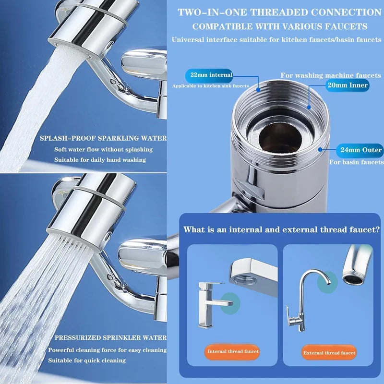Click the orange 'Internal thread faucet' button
(x=233, y=352)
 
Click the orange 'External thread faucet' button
(x=329, y=353)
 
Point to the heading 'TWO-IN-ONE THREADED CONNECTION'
(x=279, y=12)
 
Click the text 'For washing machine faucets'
(x=331, y=75)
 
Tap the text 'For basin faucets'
(x=356, y=162)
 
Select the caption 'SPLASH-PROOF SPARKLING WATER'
(x=103, y=138)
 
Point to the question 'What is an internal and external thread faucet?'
(x=281, y=230)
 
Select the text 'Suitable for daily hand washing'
(x=100, y=160)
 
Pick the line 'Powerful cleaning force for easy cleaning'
(x=108, y=350)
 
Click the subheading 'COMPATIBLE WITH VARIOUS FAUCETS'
(x=280, y=26)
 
